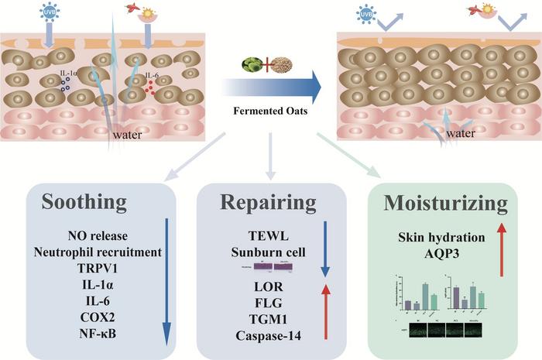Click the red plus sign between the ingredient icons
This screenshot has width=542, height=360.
click(270, 64)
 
